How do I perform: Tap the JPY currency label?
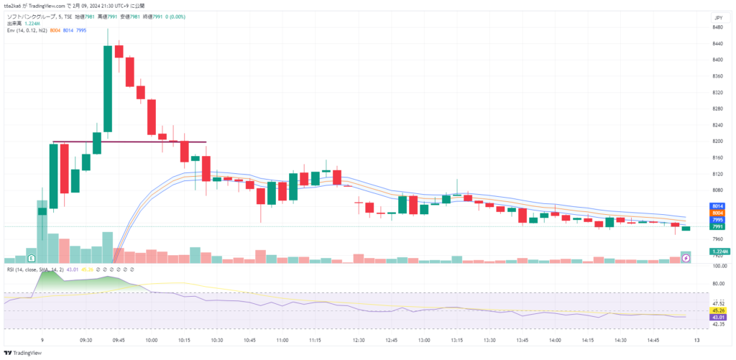tap(717, 17)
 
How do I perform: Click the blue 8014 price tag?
tap(717, 206)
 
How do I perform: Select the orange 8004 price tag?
tap(717, 213)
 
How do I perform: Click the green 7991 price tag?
tap(717, 226)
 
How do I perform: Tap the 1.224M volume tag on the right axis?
tap(719, 251)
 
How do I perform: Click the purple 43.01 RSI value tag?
tap(717, 317)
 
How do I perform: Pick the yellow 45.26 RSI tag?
tap(717, 310)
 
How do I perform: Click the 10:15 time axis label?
tap(184, 340)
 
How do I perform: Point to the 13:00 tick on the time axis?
tap(424, 340)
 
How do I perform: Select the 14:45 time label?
tap(653, 340)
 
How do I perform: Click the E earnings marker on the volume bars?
tap(31, 257)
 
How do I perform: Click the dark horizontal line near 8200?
tap(129, 142)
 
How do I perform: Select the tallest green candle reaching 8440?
tap(107, 90)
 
